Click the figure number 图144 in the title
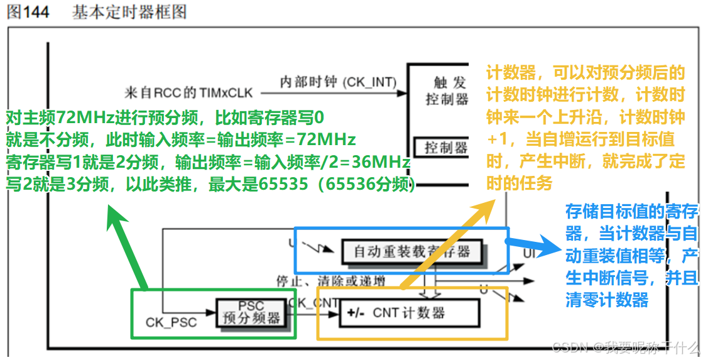coord(28,12)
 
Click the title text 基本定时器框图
coord(129,12)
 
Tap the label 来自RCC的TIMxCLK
coord(188,93)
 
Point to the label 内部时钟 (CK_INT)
coord(338,82)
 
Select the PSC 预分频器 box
coord(251,312)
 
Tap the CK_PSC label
coord(171,322)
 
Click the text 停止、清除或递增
coord(331,280)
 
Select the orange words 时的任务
coord(519,182)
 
